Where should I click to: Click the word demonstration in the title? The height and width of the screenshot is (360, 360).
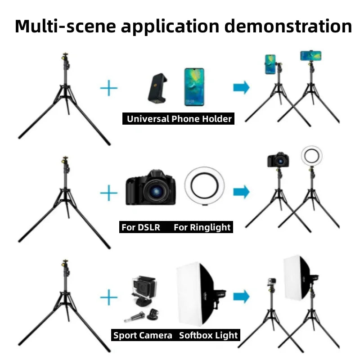(288, 26)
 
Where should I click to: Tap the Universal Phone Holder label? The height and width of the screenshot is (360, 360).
(179, 119)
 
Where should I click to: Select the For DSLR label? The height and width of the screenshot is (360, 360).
(140, 227)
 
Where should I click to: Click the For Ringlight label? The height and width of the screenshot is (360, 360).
(202, 227)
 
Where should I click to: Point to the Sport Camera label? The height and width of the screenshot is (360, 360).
(143, 335)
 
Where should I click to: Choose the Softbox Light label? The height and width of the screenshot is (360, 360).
(208, 335)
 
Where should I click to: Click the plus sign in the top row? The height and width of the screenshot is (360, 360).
(108, 88)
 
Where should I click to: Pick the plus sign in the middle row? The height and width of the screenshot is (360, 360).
(108, 193)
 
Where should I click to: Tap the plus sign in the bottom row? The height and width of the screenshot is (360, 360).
(108, 297)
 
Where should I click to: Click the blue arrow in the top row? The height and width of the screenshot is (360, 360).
(241, 88)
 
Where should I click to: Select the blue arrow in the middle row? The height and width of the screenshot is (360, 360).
(241, 192)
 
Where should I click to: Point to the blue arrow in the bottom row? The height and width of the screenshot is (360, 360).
(241, 296)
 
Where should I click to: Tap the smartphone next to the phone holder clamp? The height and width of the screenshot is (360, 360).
(194, 87)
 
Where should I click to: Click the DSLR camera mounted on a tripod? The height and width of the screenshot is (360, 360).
(278, 160)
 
